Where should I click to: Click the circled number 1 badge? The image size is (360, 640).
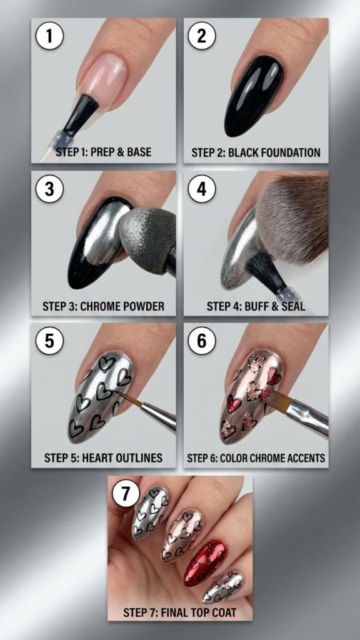pos(49,36)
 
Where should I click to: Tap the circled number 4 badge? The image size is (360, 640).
pos(202,189)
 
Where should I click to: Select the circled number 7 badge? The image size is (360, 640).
pos(126,494)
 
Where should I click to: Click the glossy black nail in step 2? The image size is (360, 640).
pos(254,95)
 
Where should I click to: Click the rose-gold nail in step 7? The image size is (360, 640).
pos(182,536)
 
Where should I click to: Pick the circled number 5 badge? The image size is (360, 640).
pos(49,341)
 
